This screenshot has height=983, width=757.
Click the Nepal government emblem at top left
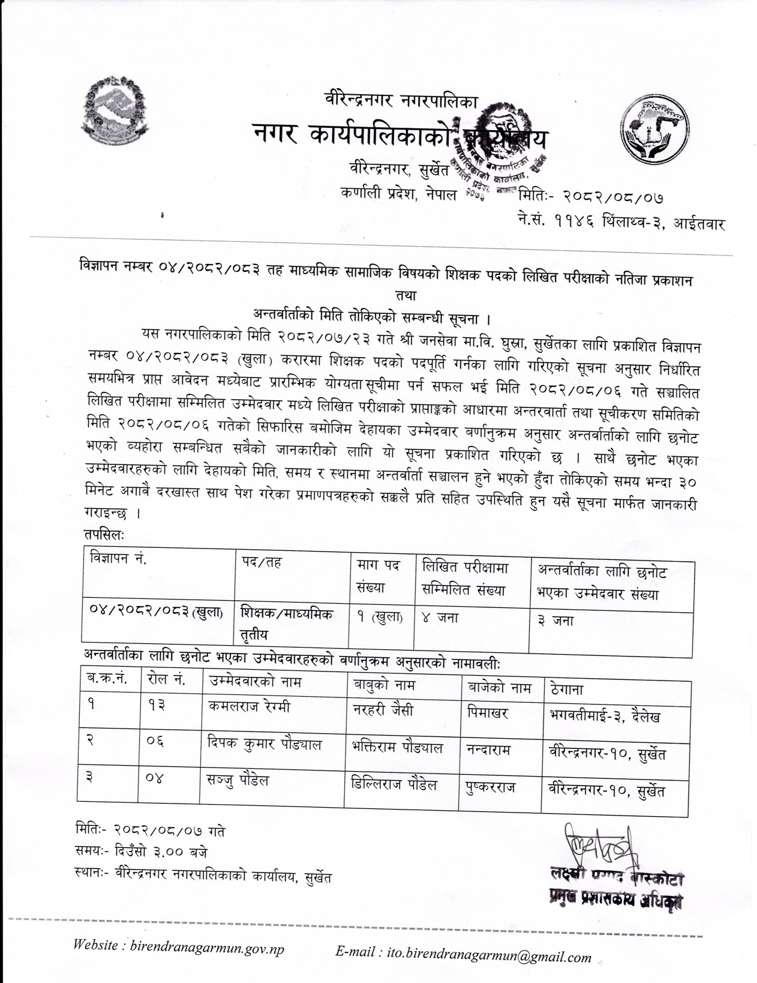[115, 111]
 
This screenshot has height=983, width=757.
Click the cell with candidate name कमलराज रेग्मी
[249, 708]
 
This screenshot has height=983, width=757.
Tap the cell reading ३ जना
[555, 621]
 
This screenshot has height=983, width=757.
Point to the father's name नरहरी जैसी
[383, 711]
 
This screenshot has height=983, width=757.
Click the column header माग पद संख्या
[378, 576]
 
